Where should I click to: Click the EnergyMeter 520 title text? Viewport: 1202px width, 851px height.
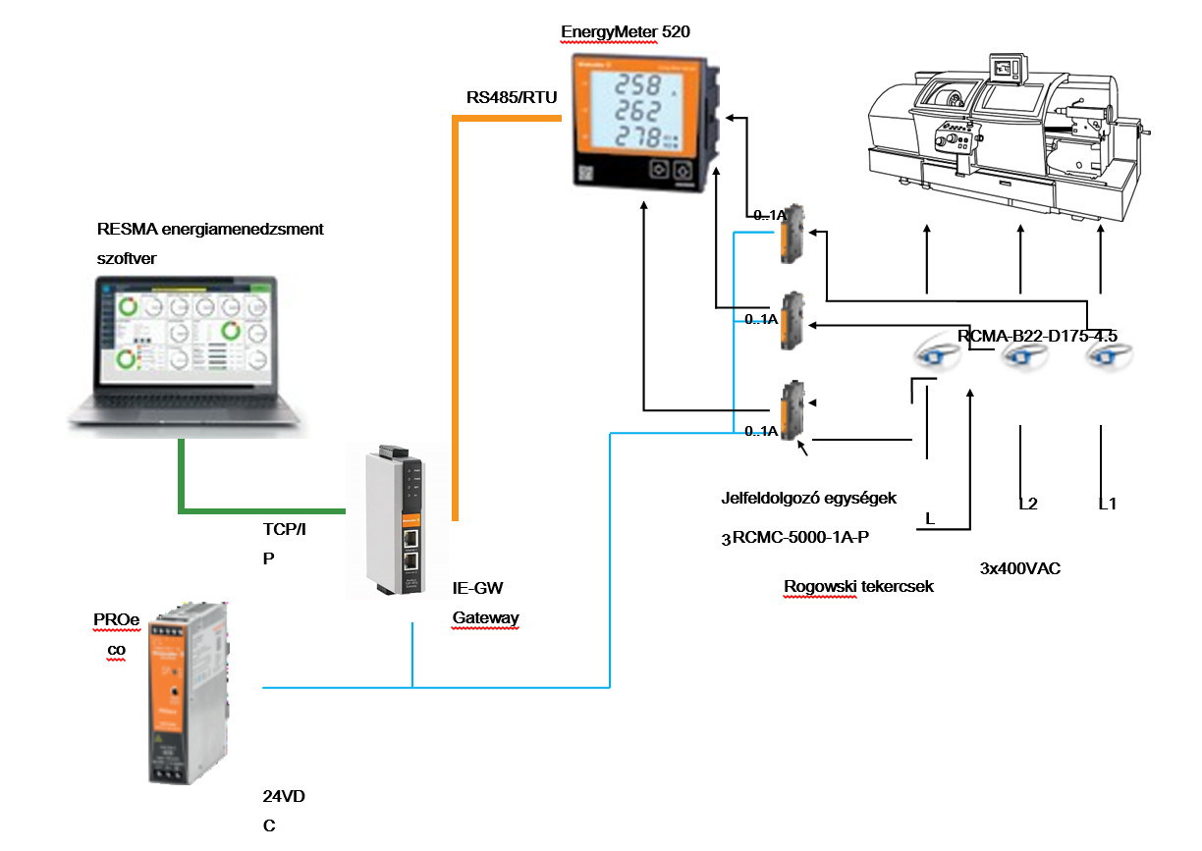tap(632, 31)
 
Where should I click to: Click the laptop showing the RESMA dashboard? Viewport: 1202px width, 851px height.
tap(187, 353)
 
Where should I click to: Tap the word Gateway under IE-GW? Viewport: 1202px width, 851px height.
tap(485, 617)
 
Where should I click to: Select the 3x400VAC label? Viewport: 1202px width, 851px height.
tap(1020, 568)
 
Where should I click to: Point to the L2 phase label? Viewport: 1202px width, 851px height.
tap(1028, 505)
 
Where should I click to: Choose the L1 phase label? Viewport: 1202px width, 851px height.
tap(1108, 505)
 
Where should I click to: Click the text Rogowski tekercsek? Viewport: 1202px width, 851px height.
tap(858, 587)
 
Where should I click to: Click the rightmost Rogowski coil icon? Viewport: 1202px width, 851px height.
tap(1104, 358)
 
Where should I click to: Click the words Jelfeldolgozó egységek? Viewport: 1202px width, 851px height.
tap(809, 498)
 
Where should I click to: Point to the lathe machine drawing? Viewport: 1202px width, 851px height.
tap(1006, 133)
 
